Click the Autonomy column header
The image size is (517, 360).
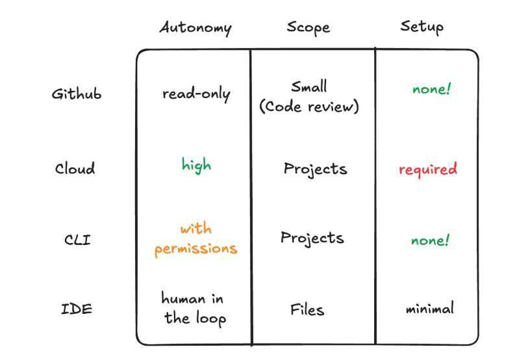click(x=195, y=28)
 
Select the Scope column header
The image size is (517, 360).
click(x=308, y=28)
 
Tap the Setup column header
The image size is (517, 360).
click(x=422, y=27)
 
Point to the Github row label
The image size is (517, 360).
click(x=77, y=94)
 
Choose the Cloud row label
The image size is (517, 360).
click(x=75, y=168)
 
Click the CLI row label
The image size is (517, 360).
click(x=77, y=240)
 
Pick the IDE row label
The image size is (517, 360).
click(x=77, y=309)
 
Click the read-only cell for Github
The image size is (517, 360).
click(x=196, y=94)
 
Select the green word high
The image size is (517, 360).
click(x=196, y=165)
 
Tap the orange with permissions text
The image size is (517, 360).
click(x=196, y=239)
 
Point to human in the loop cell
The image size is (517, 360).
click(x=194, y=309)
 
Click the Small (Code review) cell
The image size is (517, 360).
click(x=309, y=97)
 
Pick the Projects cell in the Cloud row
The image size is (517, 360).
click(x=315, y=169)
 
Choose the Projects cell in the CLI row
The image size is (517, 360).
click(x=312, y=238)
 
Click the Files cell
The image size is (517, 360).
click(x=307, y=309)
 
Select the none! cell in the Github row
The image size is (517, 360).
click(x=431, y=89)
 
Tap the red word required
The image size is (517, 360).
click(x=428, y=169)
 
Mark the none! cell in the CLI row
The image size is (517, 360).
click(x=430, y=240)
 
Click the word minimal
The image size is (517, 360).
click(x=429, y=308)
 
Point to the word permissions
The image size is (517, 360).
click(x=196, y=249)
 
